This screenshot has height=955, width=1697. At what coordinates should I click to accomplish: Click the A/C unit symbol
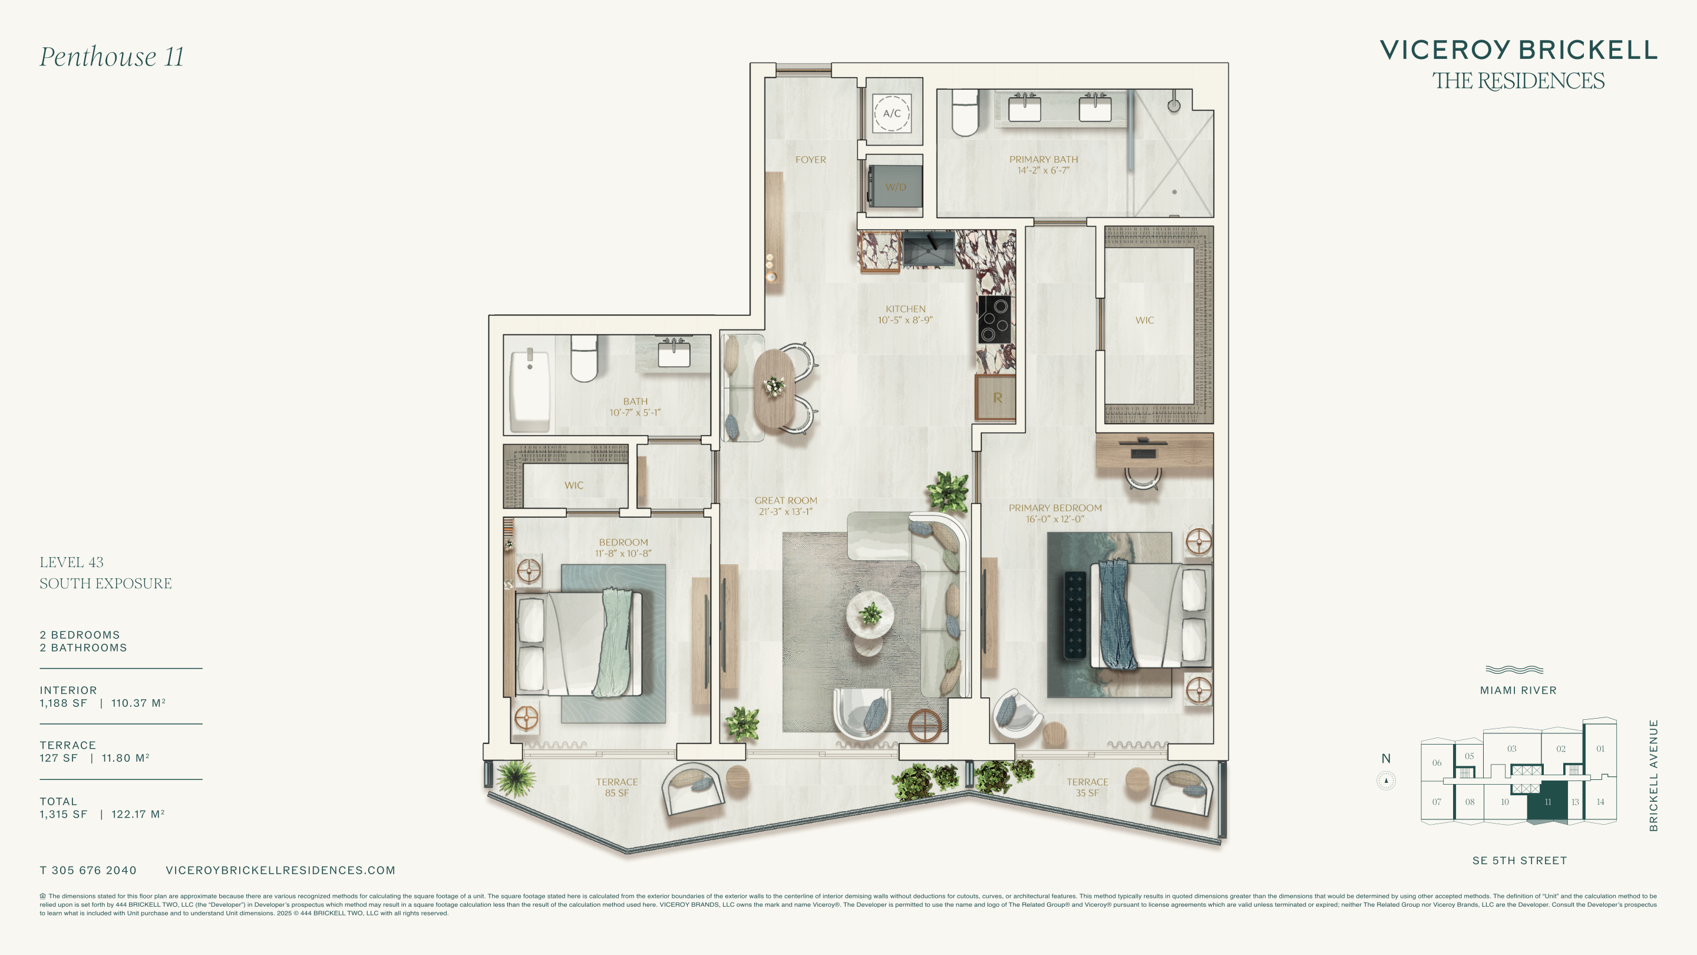pyautogui.click(x=892, y=113)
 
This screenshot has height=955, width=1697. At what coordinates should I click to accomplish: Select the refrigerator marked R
pyautogui.click(x=995, y=397)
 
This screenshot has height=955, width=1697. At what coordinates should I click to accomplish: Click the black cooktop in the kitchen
pyautogui.click(x=994, y=320)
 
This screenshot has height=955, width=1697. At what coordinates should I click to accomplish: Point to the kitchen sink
pyautogui.click(x=929, y=248)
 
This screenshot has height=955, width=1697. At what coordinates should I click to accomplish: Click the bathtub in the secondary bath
pyautogui.click(x=530, y=390)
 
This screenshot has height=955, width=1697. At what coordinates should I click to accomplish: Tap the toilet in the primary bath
pyautogui.click(x=965, y=113)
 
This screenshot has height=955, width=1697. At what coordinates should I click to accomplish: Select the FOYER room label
pyautogui.click(x=810, y=160)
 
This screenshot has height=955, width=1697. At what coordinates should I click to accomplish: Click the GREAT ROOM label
pyautogui.click(x=786, y=501)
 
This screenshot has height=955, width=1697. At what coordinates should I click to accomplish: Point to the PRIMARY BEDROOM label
pyautogui.click(x=1055, y=508)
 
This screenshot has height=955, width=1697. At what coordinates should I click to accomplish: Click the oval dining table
pyautogui.click(x=774, y=389)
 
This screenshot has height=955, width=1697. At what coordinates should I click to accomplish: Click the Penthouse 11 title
pyautogui.click(x=111, y=57)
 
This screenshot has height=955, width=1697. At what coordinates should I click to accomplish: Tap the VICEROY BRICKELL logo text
pyautogui.click(x=1518, y=50)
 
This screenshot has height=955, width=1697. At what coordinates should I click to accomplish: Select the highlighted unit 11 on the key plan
pyautogui.click(x=1547, y=801)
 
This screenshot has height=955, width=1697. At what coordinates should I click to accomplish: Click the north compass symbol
pyautogui.click(x=1386, y=781)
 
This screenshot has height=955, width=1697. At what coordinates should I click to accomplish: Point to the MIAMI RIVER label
pyautogui.click(x=1518, y=690)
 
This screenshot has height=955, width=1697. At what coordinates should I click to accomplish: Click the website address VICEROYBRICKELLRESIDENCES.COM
pyautogui.click(x=280, y=871)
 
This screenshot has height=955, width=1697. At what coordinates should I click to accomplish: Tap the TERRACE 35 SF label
pyautogui.click(x=1087, y=788)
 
